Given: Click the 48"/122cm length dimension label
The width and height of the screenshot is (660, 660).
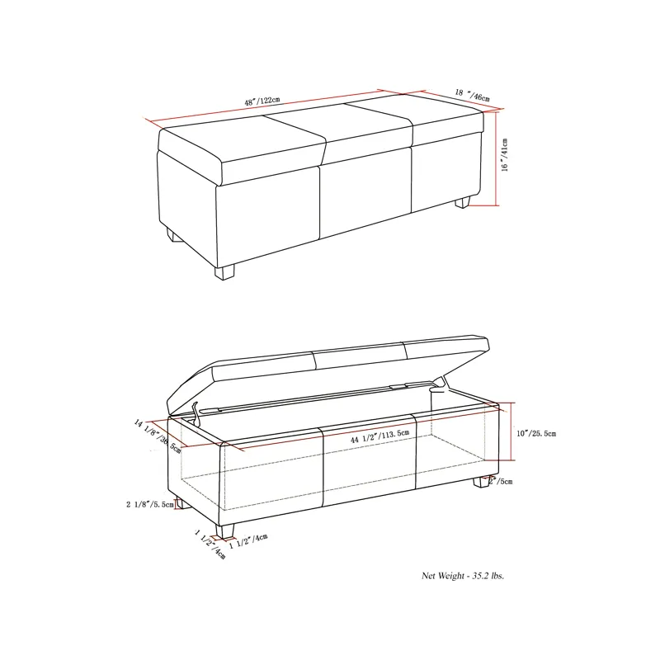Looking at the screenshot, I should pos(262,101).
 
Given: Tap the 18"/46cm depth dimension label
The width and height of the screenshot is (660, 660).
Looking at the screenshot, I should pos(473,97).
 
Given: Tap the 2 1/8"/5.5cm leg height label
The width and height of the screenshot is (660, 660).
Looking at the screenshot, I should pos(150,504).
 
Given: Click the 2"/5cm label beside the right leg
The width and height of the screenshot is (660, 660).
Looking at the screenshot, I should pos(501,481).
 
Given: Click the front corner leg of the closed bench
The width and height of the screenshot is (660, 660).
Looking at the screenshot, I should pos(224,269).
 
